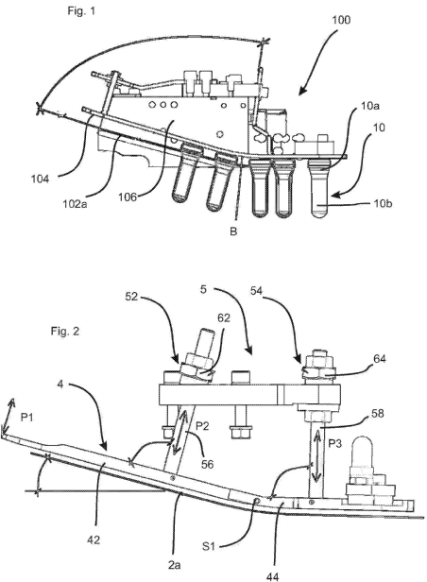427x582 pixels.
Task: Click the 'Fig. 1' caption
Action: coord(81,11)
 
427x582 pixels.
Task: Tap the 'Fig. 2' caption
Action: coord(65,331)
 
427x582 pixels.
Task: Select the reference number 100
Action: coord(340,20)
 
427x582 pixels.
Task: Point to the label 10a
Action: coord(369,106)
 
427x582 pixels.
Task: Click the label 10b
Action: coord(384,203)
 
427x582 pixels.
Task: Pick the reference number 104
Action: coord(40,179)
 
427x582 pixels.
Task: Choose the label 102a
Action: coord(75,204)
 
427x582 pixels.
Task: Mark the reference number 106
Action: coord(128,197)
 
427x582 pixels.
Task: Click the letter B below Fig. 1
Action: coord(233,231)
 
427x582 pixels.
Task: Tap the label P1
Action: coord(26,418)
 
